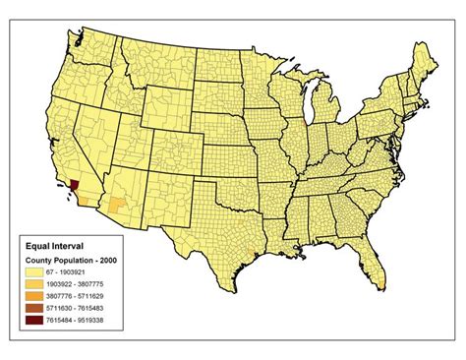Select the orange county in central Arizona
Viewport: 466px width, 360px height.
coord(118,205)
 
